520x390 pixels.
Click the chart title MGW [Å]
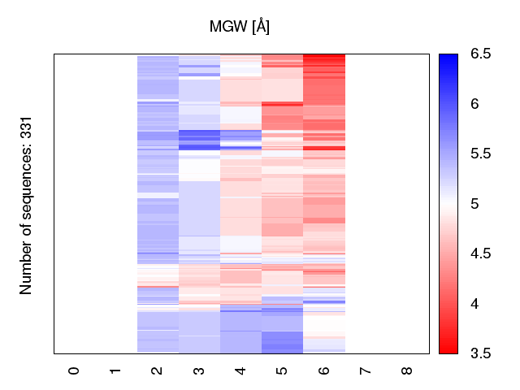tap(240, 27)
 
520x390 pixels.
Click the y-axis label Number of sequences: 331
tap(26, 203)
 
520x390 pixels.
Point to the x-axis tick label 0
tap(75, 370)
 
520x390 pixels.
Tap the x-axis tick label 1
tap(116, 370)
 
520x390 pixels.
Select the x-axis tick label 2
tap(158, 370)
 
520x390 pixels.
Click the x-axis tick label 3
tap(199, 370)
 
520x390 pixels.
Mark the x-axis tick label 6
tap(324, 370)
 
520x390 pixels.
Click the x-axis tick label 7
tap(366, 370)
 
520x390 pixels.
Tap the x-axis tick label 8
tap(407, 370)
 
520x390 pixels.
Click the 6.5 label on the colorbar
tap(480, 54)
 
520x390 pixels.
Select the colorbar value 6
tap(475, 104)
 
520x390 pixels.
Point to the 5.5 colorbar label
tap(480, 154)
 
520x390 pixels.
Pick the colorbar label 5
tap(475, 204)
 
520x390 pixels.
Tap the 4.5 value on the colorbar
tap(480, 254)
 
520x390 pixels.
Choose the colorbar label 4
tap(475, 304)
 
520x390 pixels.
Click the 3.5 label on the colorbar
tap(480, 353)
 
